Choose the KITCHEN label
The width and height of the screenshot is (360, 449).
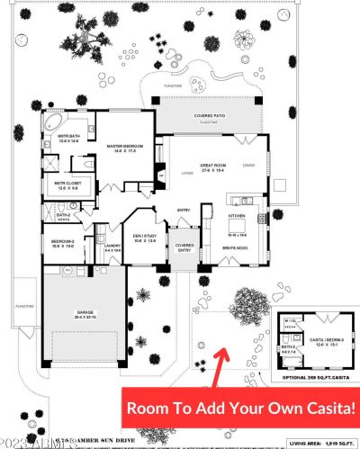click(237, 217)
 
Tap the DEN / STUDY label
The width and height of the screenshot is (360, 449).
click(145, 238)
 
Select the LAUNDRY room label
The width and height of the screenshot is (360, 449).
click(112, 247)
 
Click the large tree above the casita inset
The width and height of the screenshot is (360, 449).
click(247, 303)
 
